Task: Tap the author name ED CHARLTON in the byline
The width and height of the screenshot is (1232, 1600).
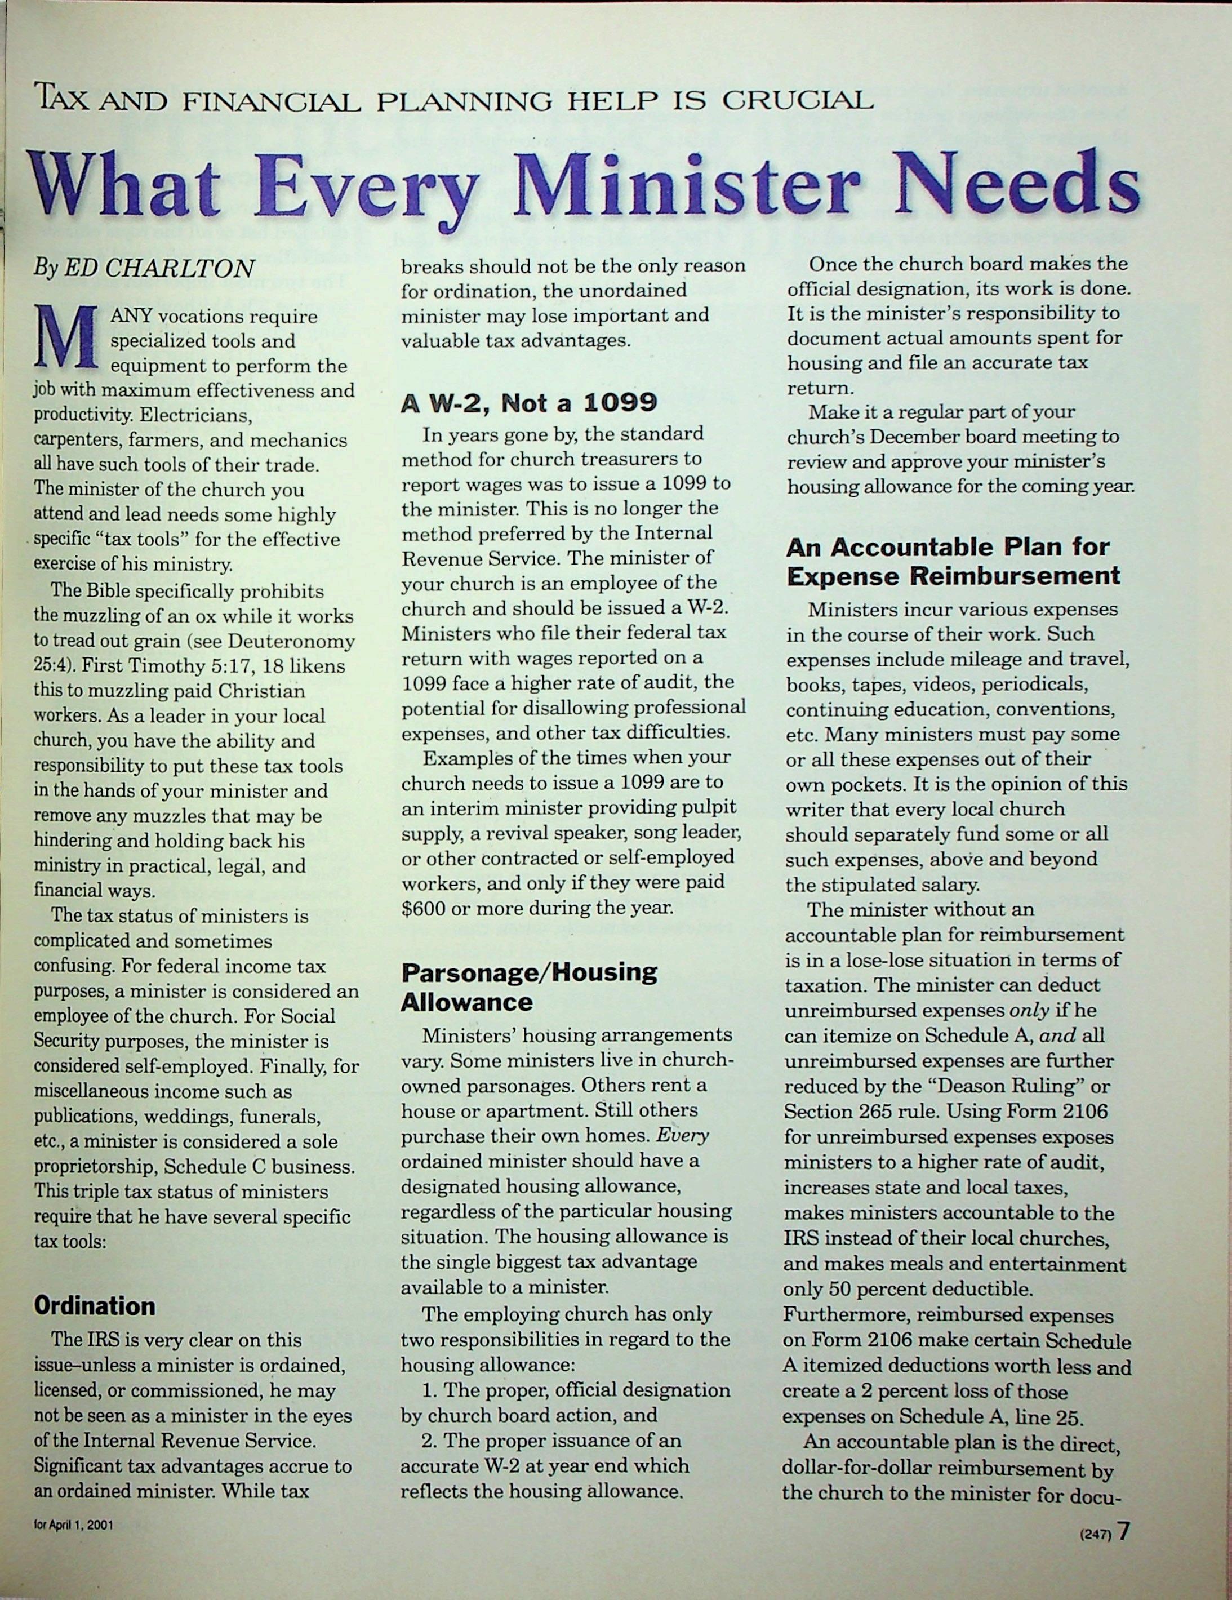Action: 159,269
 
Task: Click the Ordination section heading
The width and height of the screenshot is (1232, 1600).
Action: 95,1305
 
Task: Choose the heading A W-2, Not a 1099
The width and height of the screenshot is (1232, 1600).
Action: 529,402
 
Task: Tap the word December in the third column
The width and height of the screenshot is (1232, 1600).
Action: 915,437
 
